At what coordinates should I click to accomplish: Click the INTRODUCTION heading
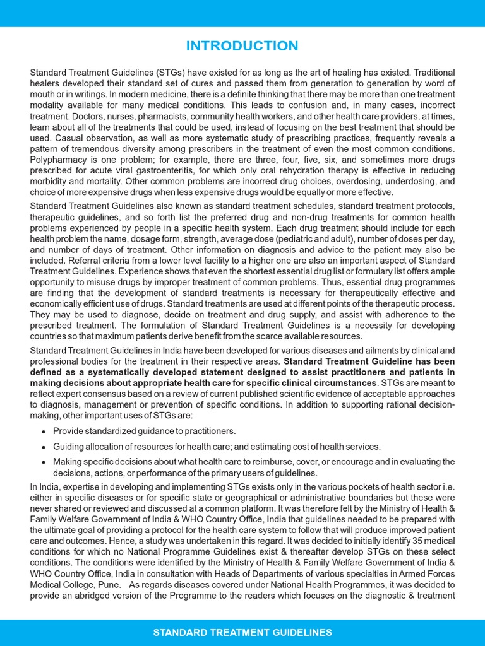[242, 46]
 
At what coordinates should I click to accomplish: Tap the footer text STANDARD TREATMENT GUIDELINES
[242, 632]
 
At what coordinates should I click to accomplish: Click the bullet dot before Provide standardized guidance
[42, 432]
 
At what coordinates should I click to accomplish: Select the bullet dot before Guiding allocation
[42, 447]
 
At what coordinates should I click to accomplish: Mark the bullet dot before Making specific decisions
[42, 462]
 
